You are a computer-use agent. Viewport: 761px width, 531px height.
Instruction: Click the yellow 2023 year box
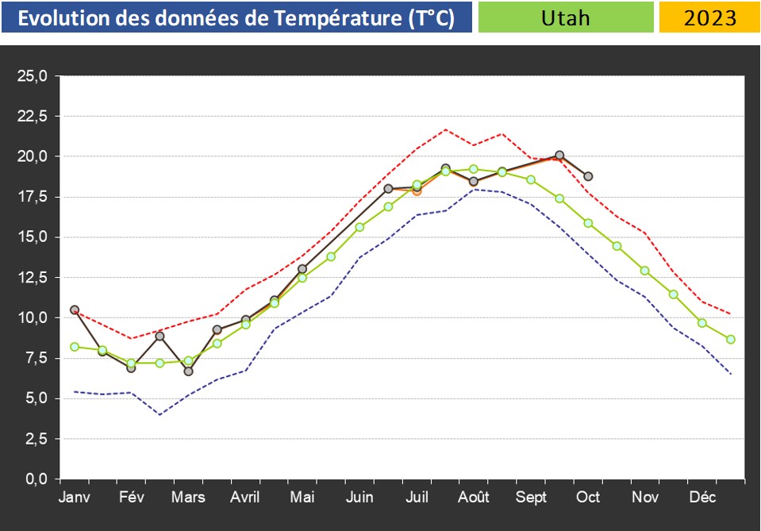click(x=709, y=17)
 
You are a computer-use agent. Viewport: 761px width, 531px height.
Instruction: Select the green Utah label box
click(x=566, y=17)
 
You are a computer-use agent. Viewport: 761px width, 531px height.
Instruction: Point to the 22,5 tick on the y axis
click(x=33, y=117)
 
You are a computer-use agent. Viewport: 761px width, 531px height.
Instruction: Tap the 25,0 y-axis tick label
click(x=33, y=76)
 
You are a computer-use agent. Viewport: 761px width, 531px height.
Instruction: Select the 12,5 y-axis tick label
click(x=33, y=278)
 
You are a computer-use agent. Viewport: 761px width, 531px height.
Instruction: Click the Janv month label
click(x=74, y=498)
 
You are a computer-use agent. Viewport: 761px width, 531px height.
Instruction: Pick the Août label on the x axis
click(x=474, y=498)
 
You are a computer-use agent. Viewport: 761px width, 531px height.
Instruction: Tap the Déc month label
click(x=702, y=498)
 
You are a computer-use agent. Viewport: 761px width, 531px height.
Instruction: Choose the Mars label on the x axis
click(x=188, y=498)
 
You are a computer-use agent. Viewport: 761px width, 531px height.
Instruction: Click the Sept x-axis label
click(x=531, y=498)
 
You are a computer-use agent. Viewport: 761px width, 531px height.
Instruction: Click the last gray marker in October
click(x=588, y=176)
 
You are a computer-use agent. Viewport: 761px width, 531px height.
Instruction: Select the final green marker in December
click(x=731, y=339)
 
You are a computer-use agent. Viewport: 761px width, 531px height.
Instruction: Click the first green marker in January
click(x=75, y=347)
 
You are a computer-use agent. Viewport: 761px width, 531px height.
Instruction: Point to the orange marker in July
click(x=417, y=190)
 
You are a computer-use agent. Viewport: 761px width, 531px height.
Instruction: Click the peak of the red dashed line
click(x=445, y=129)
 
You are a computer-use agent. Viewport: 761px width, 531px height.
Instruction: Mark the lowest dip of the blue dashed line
click(x=160, y=414)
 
